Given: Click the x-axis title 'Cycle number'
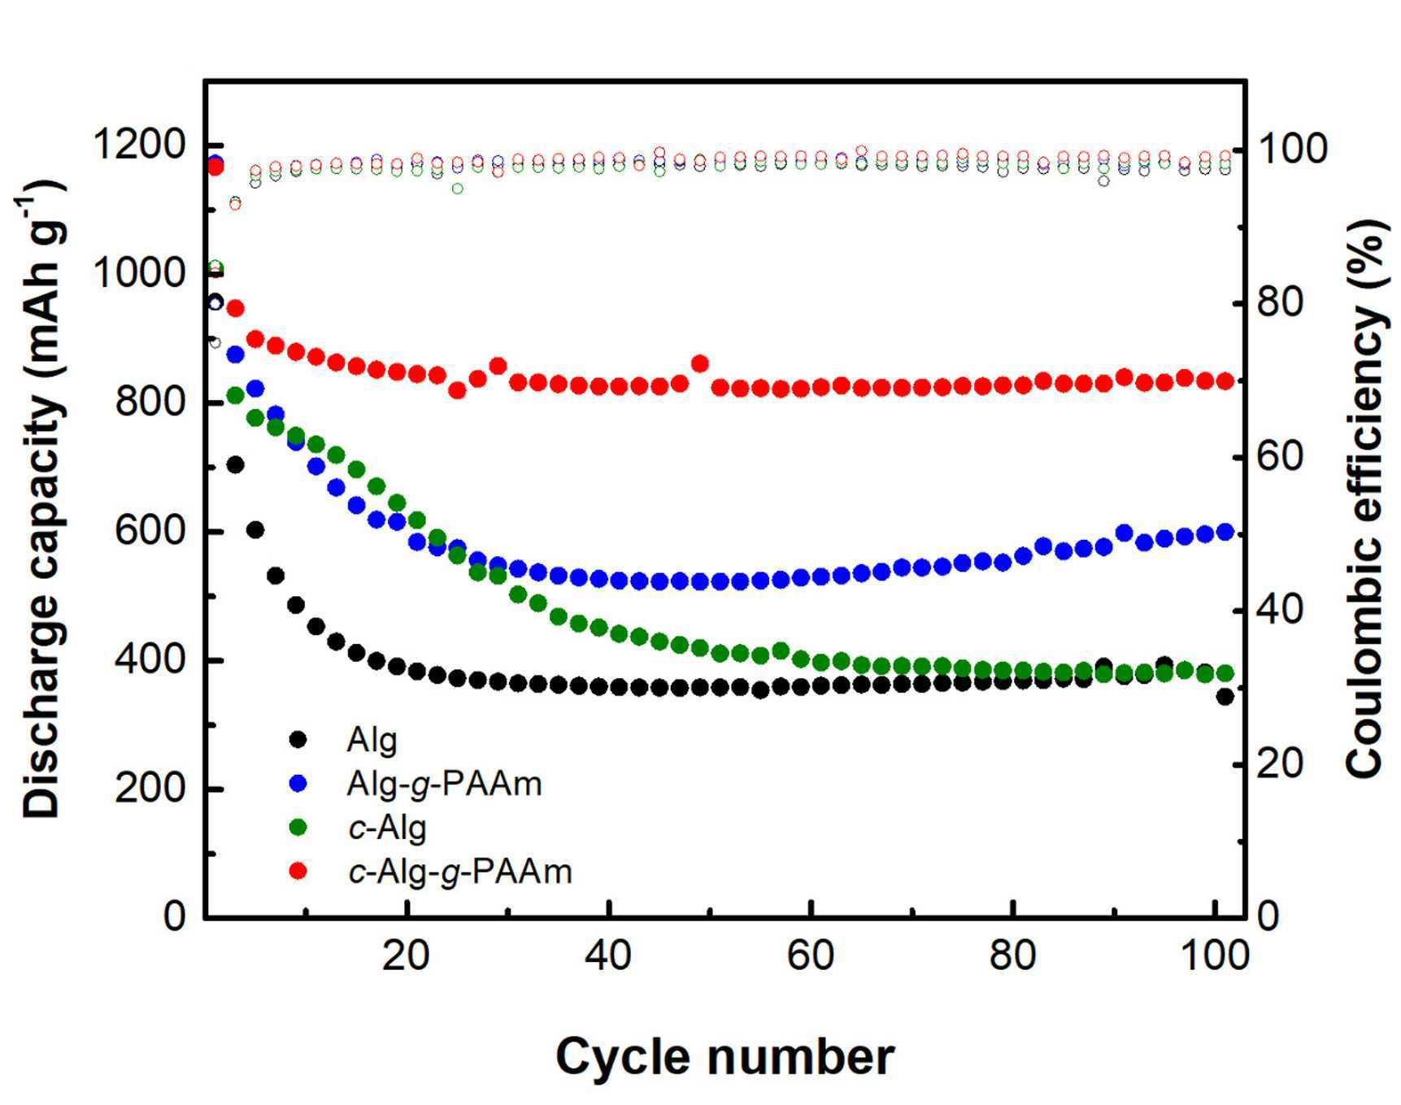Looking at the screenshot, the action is point(724,1058).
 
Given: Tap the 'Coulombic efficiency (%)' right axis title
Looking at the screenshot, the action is point(1365,498).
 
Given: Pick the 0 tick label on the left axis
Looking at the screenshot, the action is point(175,916).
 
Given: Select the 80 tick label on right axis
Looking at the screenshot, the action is point(1281,302).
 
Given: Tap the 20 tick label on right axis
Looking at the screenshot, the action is point(1281,763).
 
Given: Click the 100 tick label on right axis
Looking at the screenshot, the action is point(1293,149).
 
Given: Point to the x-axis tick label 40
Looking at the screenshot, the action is point(608,955).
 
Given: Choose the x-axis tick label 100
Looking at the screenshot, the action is point(1214,955).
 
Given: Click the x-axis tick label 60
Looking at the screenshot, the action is point(811,955).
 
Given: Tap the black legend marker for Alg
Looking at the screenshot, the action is point(298,739).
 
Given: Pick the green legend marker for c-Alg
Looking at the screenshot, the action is point(298,827).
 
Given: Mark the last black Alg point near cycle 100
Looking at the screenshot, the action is point(1225,696).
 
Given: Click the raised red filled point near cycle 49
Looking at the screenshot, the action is point(699,363).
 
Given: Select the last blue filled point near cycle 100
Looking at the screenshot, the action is point(1225,533).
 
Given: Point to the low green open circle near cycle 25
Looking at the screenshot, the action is point(458,189).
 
